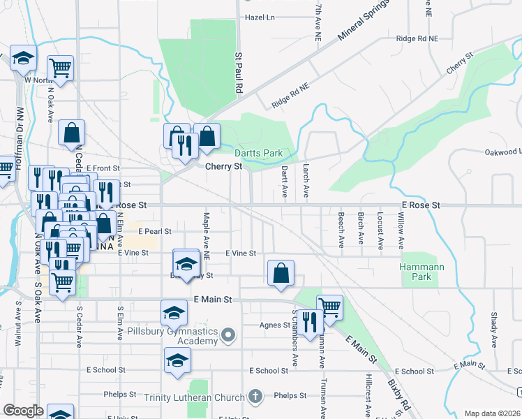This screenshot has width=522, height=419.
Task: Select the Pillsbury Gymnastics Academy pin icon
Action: (x=228, y=337)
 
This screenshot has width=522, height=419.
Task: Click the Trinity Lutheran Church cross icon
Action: (x=256, y=396)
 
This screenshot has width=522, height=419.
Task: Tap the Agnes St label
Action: (x=274, y=325)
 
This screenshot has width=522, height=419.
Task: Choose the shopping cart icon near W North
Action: (x=61, y=68)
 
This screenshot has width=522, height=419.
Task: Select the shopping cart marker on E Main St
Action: (x=329, y=307)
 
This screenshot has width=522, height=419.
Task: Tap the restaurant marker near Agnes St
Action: (x=310, y=322)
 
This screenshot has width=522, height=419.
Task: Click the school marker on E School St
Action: (x=177, y=361)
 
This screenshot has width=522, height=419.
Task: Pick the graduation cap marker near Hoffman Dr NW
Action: (x=23, y=59)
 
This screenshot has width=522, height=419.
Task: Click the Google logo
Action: (x=23, y=411)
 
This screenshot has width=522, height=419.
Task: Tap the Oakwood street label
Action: (x=502, y=152)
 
